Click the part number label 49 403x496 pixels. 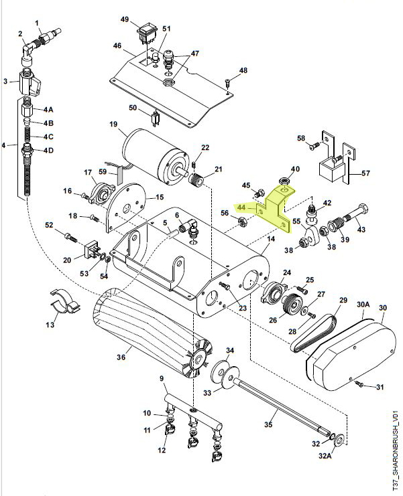[x=125, y=19]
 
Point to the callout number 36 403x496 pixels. [x=121, y=357]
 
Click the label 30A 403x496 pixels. [x=363, y=304]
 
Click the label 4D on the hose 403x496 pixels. [x=48, y=149]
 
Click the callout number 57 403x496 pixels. [x=365, y=173]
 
